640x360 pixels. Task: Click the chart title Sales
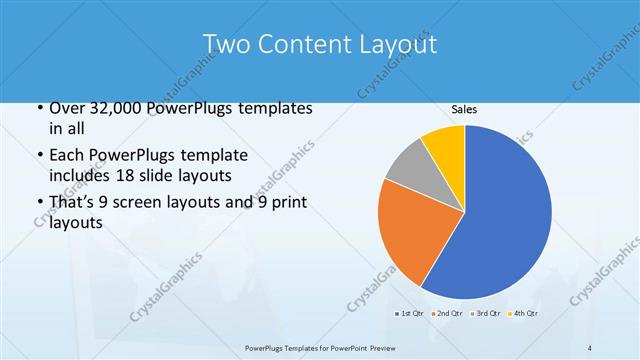click(x=463, y=109)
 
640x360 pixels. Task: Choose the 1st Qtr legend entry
click(x=409, y=314)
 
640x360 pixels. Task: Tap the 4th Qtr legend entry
click(x=524, y=314)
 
